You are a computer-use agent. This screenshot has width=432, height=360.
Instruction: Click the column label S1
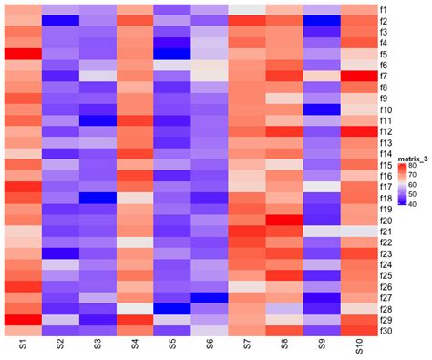click(23, 347)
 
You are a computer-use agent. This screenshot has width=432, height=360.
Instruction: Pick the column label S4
click(135, 347)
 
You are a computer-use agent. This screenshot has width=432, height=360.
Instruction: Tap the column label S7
click(247, 347)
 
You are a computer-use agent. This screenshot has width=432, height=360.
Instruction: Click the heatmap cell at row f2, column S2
click(60, 21)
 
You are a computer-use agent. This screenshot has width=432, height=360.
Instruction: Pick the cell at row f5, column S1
click(23, 54)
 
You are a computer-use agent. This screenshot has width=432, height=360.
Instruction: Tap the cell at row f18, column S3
click(98, 198)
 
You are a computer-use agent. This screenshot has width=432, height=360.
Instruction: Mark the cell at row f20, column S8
click(284, 220)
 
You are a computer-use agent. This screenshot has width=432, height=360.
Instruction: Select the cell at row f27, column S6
click(210, 297)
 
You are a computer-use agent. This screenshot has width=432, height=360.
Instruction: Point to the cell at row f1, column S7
click(247, 10)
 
